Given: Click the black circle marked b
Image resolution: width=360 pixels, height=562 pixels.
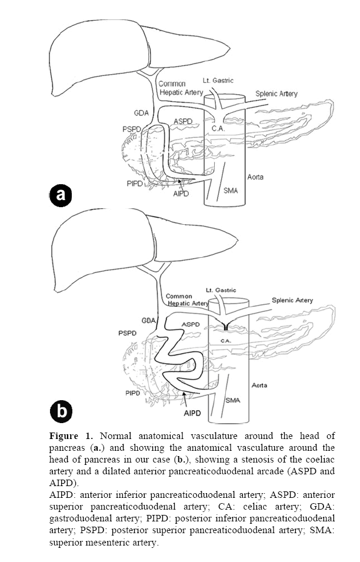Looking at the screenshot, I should [61, 411].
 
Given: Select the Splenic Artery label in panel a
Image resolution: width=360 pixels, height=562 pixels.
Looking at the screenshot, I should [276, 94].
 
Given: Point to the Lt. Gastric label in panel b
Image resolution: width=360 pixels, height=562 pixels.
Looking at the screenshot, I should [221, 290].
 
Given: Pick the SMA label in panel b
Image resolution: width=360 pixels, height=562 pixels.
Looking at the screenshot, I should [232, 400].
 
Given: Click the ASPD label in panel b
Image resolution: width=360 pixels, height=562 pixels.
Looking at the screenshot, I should [191, 324].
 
